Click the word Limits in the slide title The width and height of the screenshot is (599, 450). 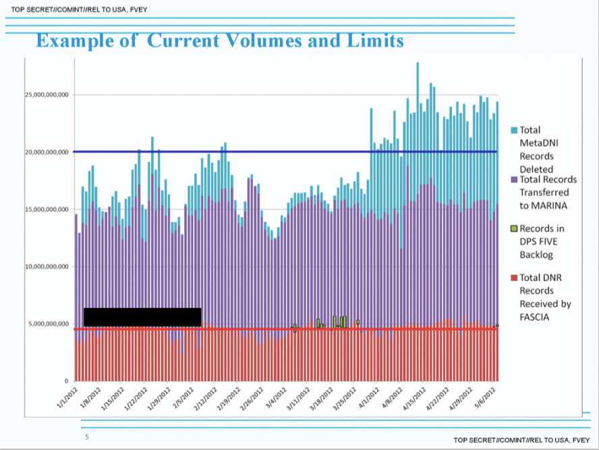(x=371, y=41)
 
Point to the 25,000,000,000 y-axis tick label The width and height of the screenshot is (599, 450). (x=47, y=95)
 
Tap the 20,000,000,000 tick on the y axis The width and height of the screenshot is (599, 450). (x=47, y=152)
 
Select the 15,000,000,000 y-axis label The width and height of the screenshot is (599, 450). (x=47, y=209)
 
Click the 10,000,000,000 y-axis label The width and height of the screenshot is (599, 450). (x=47, y=267)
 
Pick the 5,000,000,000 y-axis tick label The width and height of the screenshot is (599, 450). (x=49, y=324)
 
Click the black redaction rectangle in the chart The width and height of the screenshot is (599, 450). (x=142, y=317)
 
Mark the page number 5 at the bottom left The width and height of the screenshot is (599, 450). (x=86, y=437)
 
